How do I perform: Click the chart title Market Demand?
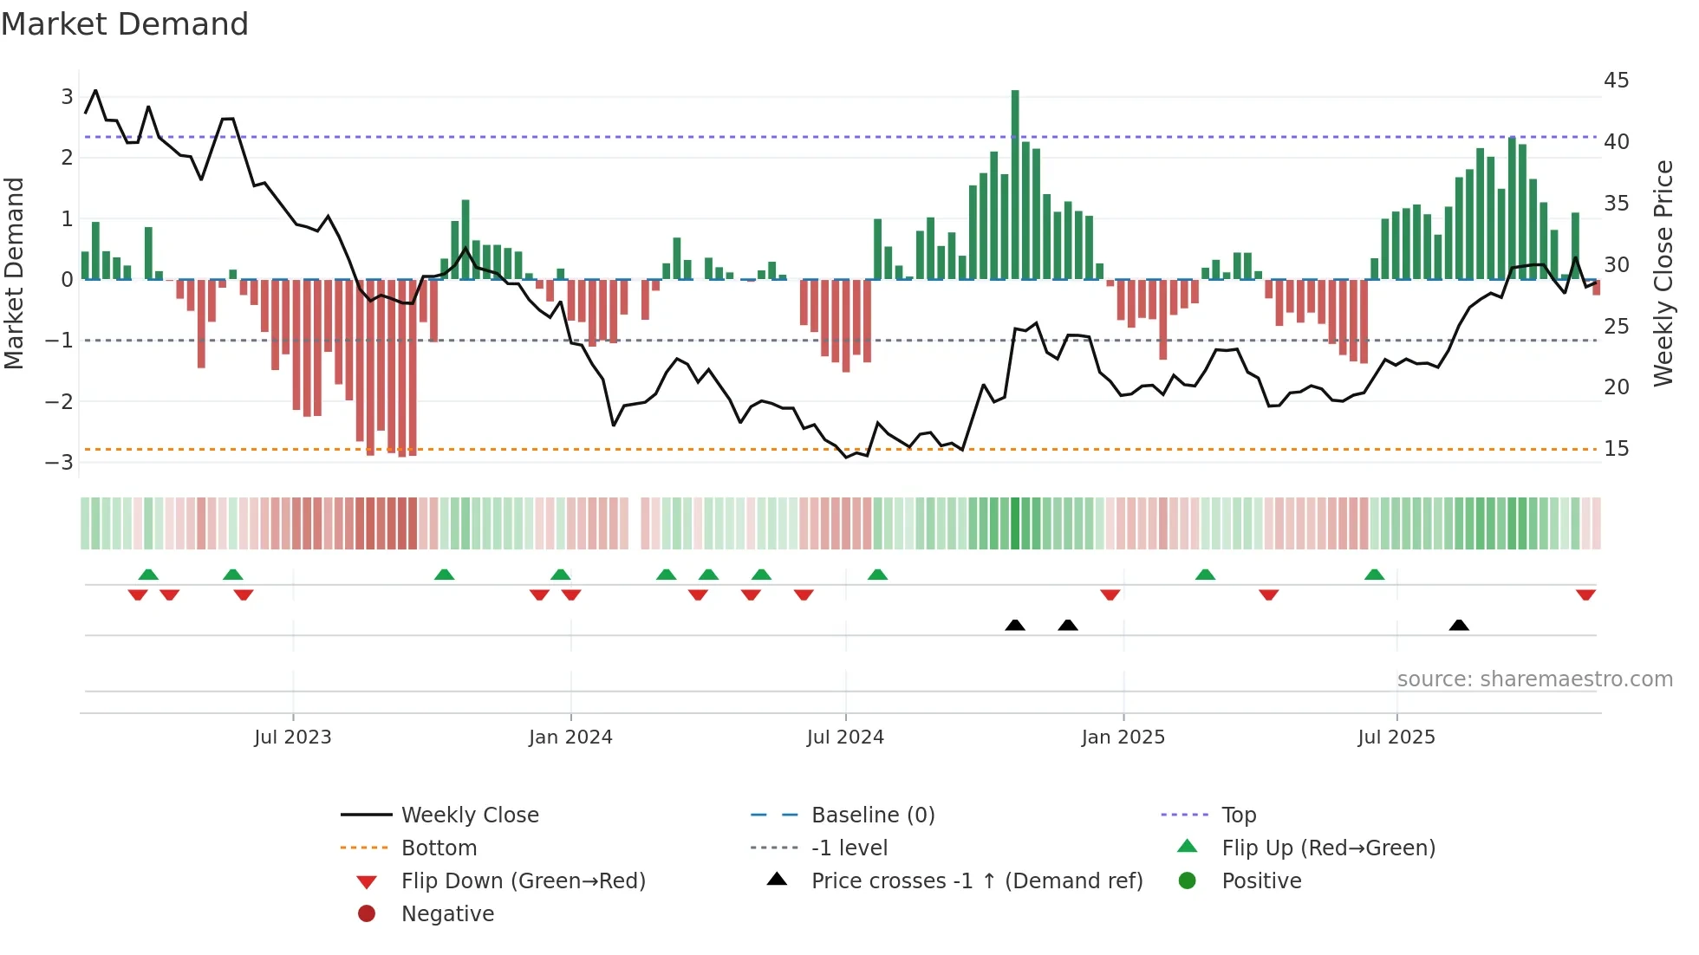click(x=125, y=24)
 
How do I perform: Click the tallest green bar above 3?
click(x=1015, y=182)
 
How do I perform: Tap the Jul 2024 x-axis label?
click(x=845, y=737)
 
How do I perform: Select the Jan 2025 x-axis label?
click(x=1123, y=737)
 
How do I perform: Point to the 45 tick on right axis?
click(x=1616, y=81)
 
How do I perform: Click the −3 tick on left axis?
click(x=60, y=462)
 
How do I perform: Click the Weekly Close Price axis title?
click(x=1663, y=273)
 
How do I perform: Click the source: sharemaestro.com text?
click(x=1534, y=679)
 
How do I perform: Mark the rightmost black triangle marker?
click(x=1459, y=625)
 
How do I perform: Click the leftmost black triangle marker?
click(x=1015, y=625)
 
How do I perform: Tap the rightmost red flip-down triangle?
click(x=1585, y=595)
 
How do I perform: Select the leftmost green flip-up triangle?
click(x=148, y=575)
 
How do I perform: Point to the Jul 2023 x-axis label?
click(x=293, y=737)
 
